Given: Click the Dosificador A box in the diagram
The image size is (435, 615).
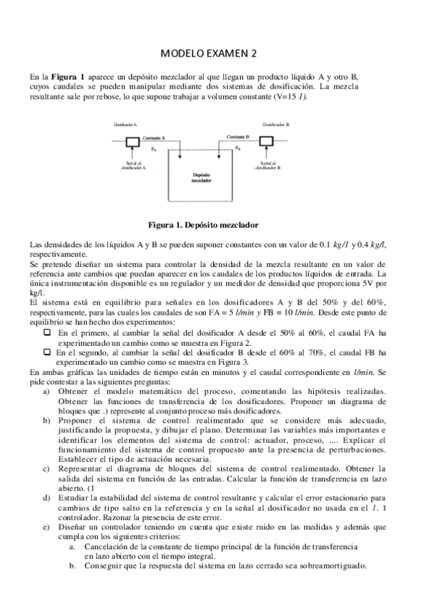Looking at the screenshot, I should (x=133, y=141).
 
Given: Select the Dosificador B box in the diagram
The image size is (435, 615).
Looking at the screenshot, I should (x=265, y=141).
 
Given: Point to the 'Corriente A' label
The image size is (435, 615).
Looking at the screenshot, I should (x=154, y=138).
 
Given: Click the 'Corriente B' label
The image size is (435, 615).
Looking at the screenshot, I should (x=238, y=136).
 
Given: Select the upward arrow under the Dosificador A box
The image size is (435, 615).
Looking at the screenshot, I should (x=133, y=154).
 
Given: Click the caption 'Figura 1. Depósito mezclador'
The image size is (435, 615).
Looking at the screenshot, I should (x=203, y=225).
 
